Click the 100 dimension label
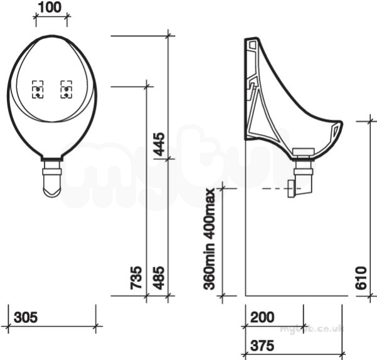coord(50,8)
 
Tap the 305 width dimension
coord(26,317)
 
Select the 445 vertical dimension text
coord(159,144)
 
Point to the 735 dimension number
coord(136,278)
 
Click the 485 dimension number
coord(159,278)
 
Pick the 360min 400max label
coord(209,239)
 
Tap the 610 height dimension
coord(361,278)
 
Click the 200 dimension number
coord(262,317)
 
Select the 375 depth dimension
coord(262,346)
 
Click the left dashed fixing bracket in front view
coord(38,90)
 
